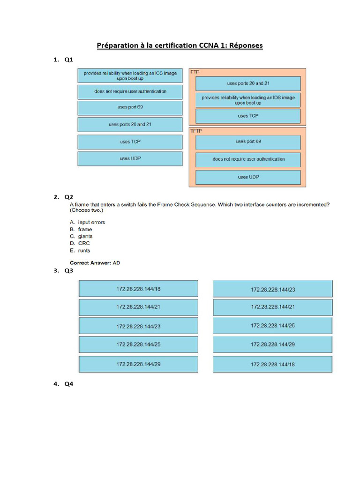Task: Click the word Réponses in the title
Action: tap(243, 45)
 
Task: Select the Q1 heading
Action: tap(69, 60)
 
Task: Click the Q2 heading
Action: tap(69, 197)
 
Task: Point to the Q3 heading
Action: tap(69, 270)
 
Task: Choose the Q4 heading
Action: tap(69, 384)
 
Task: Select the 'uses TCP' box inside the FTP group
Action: tap(248, 116)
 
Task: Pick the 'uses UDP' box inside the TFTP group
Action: tap(248, 177)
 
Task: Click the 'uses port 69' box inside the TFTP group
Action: tap(248, 142)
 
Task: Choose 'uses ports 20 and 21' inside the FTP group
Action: tap(248, 83)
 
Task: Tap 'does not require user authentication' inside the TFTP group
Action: tap(248, 159)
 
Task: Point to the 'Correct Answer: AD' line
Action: tap(95, 263)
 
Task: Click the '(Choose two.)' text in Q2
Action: tap(86, 210)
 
